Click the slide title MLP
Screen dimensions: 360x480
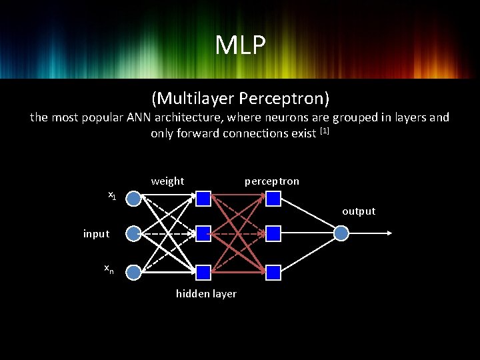[240, 45]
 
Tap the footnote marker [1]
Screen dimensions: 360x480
[325, 131]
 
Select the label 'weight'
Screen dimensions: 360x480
[167, 181]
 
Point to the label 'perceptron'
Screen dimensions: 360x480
[272, 181]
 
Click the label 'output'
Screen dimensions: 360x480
[359, 211]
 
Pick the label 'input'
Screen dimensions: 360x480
[97, 233]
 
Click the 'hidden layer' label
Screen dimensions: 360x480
[206, 294]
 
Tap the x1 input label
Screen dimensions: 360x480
[113, 195]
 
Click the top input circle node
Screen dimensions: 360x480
[133, 199]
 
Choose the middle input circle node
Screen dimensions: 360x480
[133, 233]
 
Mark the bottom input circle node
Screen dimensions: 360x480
[133, 271]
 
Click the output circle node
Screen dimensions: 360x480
[341, 233]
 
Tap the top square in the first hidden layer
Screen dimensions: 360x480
[203, 198]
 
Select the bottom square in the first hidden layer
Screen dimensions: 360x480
[203, 271]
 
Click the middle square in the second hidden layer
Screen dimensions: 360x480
[273, 233]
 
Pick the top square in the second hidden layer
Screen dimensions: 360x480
[273, 198]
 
